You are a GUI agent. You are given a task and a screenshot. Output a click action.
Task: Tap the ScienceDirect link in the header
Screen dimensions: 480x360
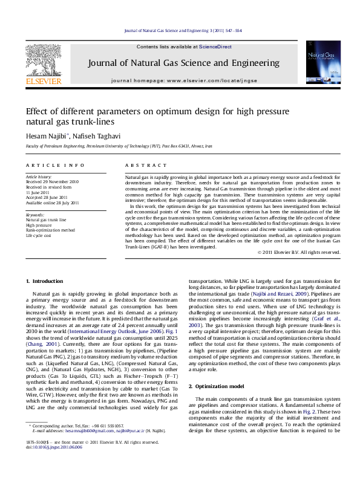pyautogui.click(x=215, y=47)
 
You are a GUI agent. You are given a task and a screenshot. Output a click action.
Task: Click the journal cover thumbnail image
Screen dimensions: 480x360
pyautogui.click(x=324, y=63)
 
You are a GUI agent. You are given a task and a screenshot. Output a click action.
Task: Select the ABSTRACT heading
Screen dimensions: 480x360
pyautogui.click(x=139, y=165)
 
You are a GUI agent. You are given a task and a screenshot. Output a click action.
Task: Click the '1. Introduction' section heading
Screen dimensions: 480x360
pyautogui.click(x=46, y=282)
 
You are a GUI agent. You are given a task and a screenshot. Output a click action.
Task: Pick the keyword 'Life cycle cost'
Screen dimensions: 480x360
pyautogui.click(x=39, y=235)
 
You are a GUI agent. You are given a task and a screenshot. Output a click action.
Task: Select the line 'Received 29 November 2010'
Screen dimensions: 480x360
pyautogui.click(x=52, y=181)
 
